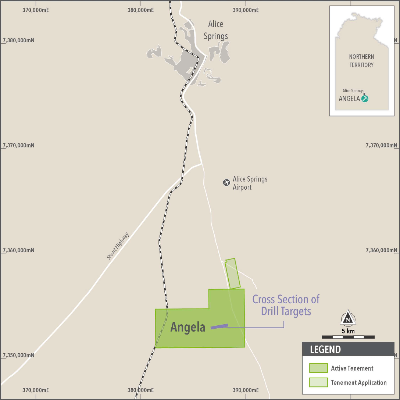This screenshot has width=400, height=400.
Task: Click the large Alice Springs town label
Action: click(215, 30)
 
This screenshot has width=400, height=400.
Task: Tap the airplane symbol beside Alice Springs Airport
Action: click(226, 182)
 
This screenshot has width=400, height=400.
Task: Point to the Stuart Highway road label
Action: click(118, 246)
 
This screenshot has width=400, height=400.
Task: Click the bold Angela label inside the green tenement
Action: click(187, 327)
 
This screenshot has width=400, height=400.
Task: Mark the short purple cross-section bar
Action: click(219, 326)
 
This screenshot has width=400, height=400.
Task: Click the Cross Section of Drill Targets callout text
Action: click(286, 305)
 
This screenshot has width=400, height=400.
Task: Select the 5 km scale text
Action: click(348, 331)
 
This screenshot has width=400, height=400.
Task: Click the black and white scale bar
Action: click(348, 337)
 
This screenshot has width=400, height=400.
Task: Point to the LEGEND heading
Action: click(325, 349)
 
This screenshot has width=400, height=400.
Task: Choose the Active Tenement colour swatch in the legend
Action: click(318, 368)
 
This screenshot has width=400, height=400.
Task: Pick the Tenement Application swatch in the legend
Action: click(318, 382)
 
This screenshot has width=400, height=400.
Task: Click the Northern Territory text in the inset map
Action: click(361, 61)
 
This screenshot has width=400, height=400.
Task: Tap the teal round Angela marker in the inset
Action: click(365, 99)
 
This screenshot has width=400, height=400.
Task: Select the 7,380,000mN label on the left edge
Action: click(18, 40)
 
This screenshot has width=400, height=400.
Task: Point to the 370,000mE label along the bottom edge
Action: click(36, 390)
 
